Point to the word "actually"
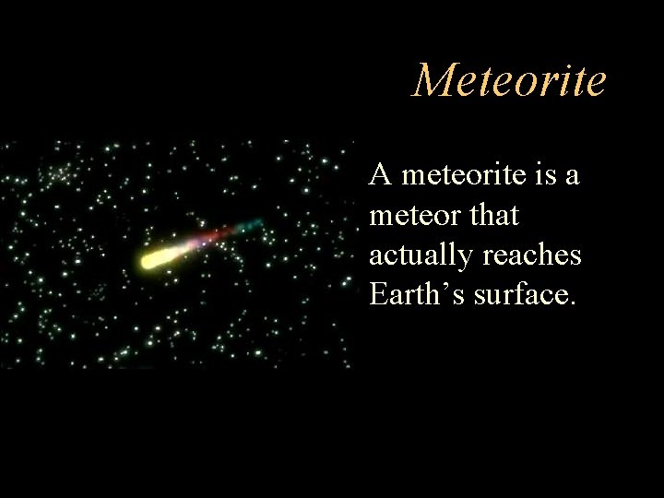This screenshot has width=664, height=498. (420, 255)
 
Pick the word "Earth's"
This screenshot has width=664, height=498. (416, 294)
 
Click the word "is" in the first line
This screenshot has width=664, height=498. (541, 174)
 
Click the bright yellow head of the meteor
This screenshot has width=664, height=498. (153, 259)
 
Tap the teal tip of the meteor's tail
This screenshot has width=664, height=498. (253, 224)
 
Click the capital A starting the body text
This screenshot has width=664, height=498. (378, 173)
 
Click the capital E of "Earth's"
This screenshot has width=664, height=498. (378, 294)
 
